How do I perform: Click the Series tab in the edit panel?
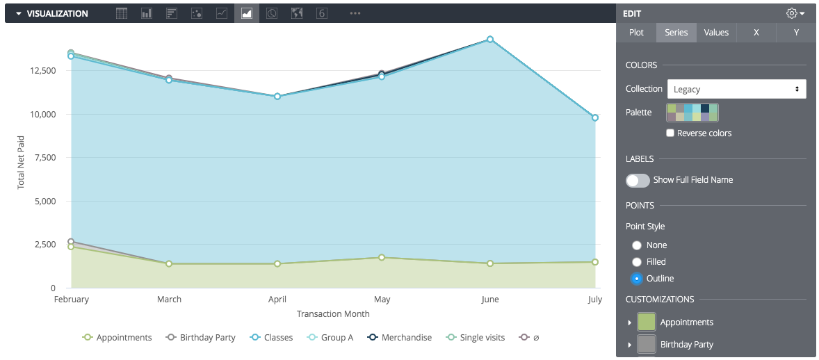click(x=676, y=33)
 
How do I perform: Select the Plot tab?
click(x=636, y=33)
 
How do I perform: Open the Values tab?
click(x=716, y=33)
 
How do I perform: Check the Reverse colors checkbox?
click(x=671, y=133)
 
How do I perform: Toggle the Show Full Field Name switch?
click(x=638, y=180)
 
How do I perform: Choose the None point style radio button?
click(x=637, y=245)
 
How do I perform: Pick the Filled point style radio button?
click(x=637, y=262)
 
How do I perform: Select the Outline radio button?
click(x=637, y=279)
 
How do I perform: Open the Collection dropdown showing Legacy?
click(x=736, y=89)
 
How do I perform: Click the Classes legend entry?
click(x=271, y=338)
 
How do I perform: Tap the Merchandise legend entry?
click(x=400, y=338)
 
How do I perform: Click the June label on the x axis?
click(x=490, y=300)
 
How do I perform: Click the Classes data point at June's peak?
click(x=490, y=40)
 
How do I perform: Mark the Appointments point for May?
click(x=382, y=258)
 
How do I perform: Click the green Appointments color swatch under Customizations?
click(x=647, y=322)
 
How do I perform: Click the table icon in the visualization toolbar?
click(x=122, y=13)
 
